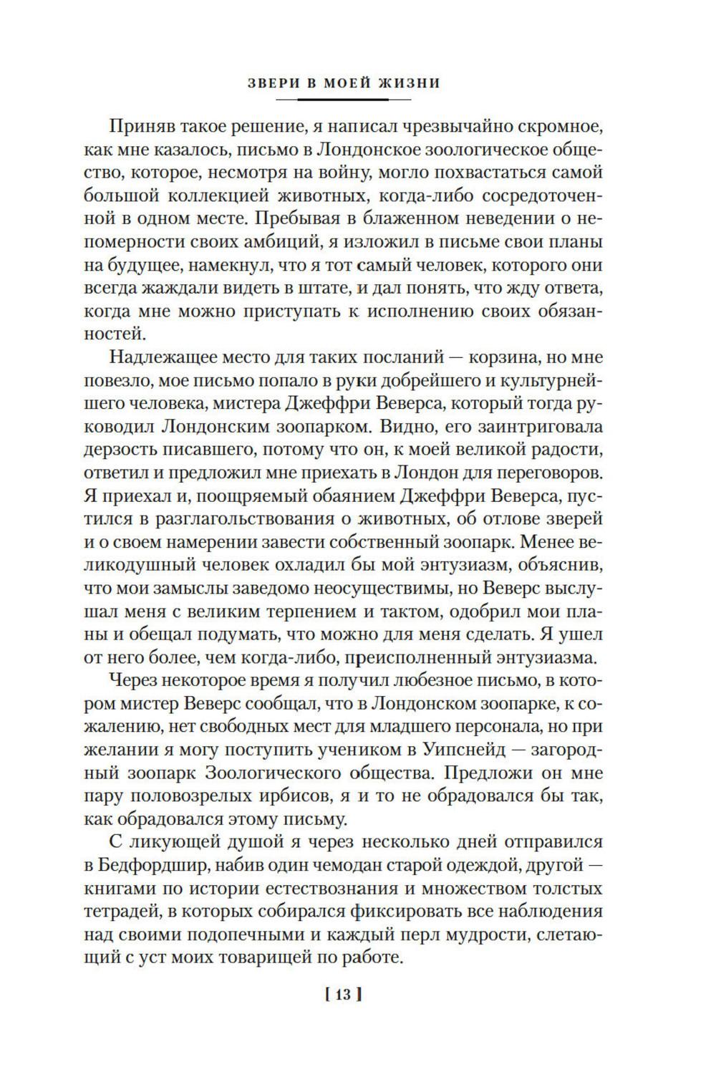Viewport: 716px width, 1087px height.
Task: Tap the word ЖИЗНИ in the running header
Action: [x=410, y=83]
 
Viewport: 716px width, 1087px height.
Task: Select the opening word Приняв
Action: [x=142, y=127]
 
